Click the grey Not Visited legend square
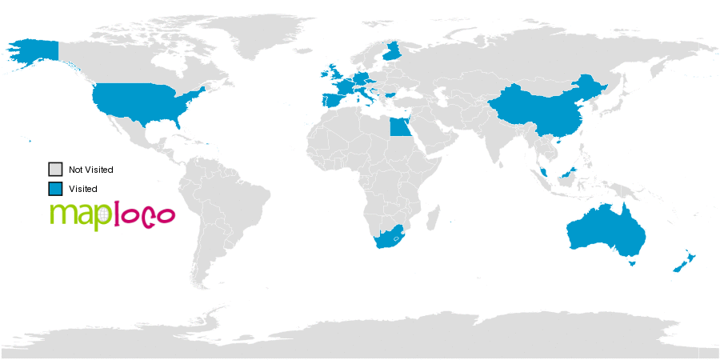coord(55,170)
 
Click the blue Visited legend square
coord(55,189)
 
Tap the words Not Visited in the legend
coord(90,170)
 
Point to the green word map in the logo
coord(75,215)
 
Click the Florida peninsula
coord(180,125)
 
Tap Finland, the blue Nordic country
coord(393,53)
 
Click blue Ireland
coord(326,74)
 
